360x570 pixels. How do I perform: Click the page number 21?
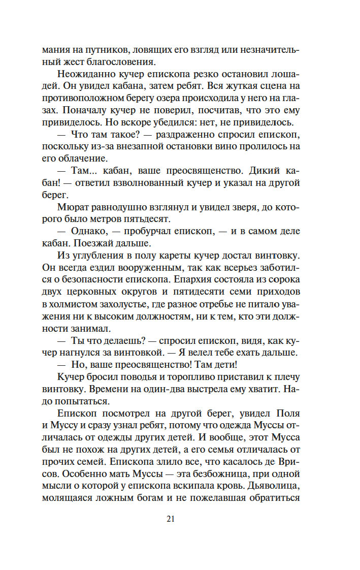pos(170,519)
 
